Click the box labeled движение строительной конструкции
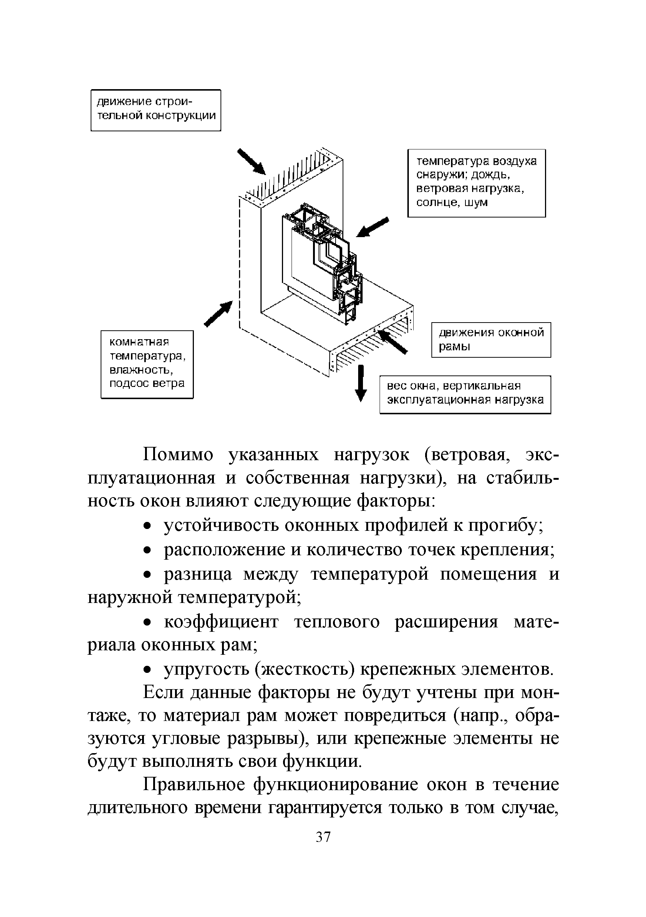pyautogui.click(x=156, y=110)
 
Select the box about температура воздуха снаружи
pyautogui.click(x=476, y=183)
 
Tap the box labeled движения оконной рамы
pyautogui.click(x=491, y=340)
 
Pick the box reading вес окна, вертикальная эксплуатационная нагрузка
pyautogui.click(x=465, y=394)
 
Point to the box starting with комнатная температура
pyautogui.click(x=147, y=364)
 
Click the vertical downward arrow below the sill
pyautogui.click(x=361, y=382)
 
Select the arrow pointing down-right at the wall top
pyautogui.click(x=251, y=161)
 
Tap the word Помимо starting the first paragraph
pyautogui.click(x=178, y=455)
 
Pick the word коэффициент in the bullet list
pyautogui.click(x=221, y=622)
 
